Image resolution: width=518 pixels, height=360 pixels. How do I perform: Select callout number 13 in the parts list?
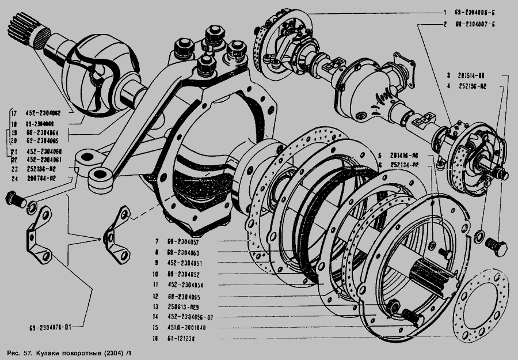click(156, 306)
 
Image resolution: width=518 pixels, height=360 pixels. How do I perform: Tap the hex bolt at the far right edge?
click(496, 248)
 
